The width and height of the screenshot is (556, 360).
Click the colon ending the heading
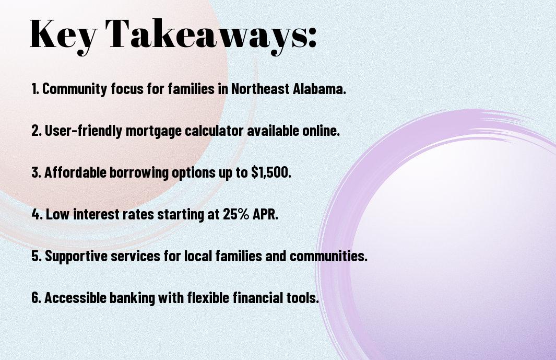[312, 39]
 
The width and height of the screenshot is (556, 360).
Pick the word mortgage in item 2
[153, 131]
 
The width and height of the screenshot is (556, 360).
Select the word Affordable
[75, 172]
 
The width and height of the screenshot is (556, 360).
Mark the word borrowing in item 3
[139, 173]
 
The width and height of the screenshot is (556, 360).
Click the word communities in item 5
[328, 256]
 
